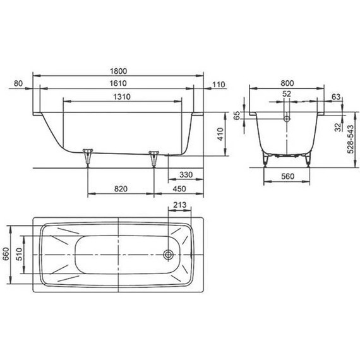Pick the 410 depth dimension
(x=219, y=134)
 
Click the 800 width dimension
(x=287, y=83)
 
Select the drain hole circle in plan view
(x=169, y=255)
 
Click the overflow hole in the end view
(x=287, y=117)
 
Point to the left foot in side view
(x=87, y=155)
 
